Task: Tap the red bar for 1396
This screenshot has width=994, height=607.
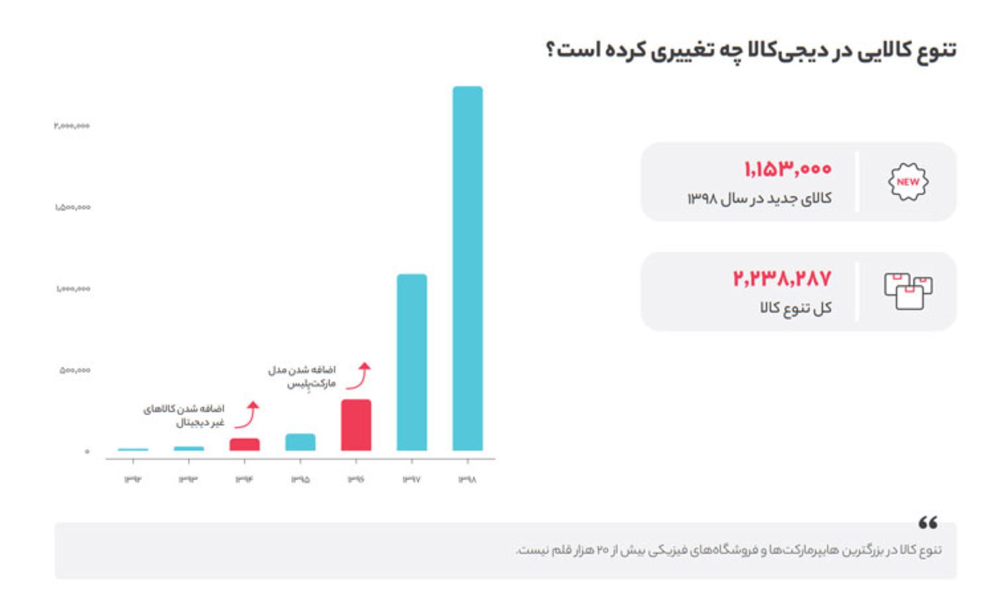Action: [356, 425]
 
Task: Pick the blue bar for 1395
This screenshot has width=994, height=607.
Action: [300, 442]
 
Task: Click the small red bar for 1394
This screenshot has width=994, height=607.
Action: [244, 444]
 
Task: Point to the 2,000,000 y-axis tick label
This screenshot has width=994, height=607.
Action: [71, 126]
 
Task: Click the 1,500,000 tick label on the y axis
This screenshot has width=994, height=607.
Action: [72, 207]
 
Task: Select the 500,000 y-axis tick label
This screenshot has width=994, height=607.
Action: [75, 370]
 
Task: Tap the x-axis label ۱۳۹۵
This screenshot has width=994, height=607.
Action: [300, 480]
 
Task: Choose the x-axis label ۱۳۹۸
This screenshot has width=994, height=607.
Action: [467, 480]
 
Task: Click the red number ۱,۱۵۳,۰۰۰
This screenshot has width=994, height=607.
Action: [787, 169]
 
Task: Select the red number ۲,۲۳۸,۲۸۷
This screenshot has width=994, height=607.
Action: [782, 279]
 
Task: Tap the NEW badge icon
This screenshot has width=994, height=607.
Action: [908, 182]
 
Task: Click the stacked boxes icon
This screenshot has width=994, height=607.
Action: [908, 291]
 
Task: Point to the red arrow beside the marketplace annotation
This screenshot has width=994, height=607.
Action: [359, 376]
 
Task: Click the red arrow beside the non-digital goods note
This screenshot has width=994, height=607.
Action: [247, 415]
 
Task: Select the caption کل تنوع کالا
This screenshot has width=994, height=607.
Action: [796, 308]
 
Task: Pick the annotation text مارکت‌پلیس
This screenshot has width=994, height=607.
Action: [311, 384]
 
